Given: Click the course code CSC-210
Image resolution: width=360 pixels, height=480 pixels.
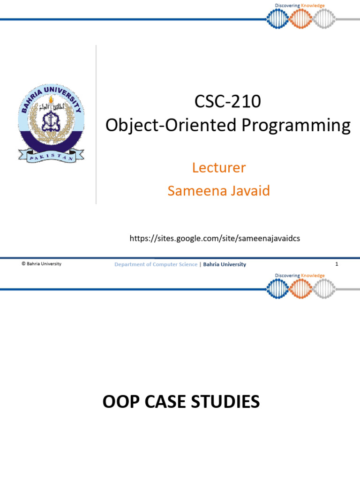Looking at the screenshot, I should pos(227,102).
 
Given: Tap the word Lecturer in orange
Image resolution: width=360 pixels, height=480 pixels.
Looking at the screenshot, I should pos(219,167).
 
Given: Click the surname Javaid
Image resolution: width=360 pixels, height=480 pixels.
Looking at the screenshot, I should pos(249,191).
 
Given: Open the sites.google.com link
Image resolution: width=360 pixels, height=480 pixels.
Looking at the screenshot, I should pos(214,239).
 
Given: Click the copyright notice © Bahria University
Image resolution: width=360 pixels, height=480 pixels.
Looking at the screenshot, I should pos(42,264).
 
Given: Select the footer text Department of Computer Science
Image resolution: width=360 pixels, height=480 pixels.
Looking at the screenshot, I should pos(156,264).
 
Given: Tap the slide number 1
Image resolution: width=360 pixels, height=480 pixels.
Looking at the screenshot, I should pos(337,264).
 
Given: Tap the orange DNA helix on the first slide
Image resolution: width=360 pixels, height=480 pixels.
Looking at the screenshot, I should pos(300,19).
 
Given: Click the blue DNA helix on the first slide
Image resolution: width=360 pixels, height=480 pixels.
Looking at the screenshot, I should pos(277,19).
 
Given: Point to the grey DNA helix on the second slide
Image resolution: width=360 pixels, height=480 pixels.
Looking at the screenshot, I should pos(324,289).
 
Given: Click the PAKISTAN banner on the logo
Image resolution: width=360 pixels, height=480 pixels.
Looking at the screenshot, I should pos(51,155).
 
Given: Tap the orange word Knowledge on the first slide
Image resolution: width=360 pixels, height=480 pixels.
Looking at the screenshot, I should pos(313,6).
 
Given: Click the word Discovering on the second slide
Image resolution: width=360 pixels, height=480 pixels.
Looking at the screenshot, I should pos(287,276).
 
